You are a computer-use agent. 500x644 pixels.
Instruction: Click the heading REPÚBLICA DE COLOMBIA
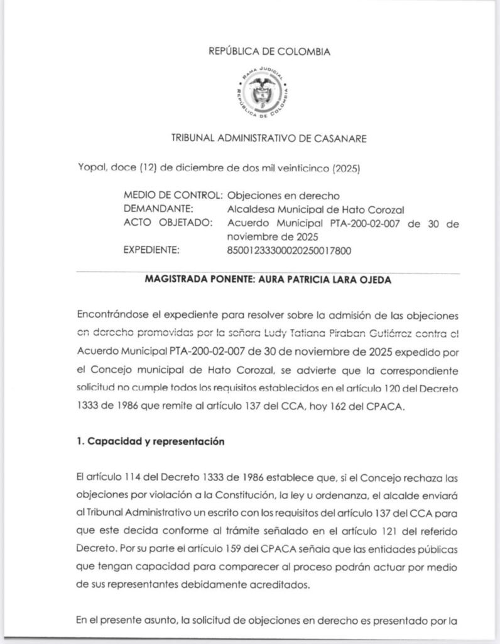click(269, 52)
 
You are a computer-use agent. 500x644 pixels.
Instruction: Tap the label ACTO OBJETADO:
click(169, 223)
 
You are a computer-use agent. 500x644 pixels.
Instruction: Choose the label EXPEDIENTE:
click(152, 251)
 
